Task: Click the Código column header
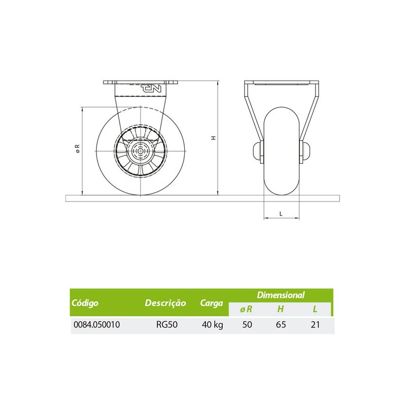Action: [85, 302]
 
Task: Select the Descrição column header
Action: [165, 302]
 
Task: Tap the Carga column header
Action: [211, 303]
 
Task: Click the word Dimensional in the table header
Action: [281, 295]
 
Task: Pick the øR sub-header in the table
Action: [246, 309]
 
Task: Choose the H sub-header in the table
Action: [281, 309]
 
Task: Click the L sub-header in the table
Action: [315, 309]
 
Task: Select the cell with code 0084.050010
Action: [97, 324]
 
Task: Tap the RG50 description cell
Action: [167, 324]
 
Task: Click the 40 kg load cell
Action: [212, 325]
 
